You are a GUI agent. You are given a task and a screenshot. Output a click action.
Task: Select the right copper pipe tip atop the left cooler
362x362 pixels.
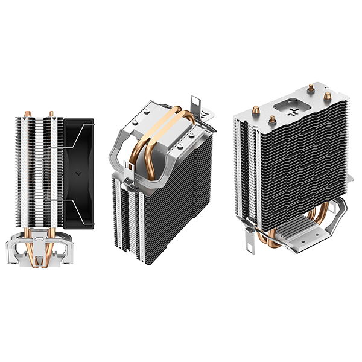[x=51, y=113]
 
